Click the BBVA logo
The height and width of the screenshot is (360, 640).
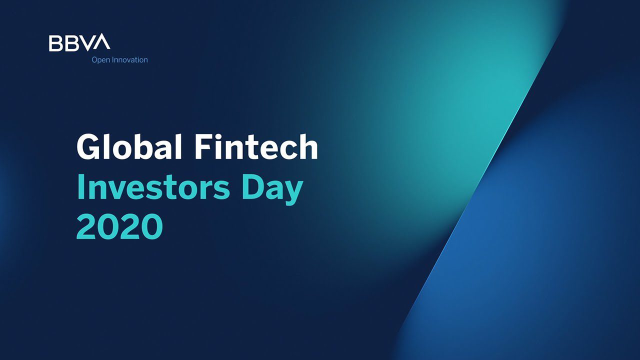pos(79,42)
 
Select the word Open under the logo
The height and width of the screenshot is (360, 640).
pos(100,60)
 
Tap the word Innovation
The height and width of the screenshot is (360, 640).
pos(129,60)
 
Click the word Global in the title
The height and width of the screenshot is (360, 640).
pos(128,147)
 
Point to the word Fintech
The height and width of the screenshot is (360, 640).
pos(255,147)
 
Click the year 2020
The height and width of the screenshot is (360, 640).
pos(119,226)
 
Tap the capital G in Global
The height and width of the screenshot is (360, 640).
pos(89,148)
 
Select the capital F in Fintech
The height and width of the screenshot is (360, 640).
pos(202,147)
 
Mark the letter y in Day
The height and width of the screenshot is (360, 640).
pos(294,192)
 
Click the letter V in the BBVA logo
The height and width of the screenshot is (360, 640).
pos(87,42)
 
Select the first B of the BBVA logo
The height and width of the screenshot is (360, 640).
pos(55,42)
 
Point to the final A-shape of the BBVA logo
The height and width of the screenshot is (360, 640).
pos(102,42)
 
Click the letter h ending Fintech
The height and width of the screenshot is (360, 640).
pos(308,147)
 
